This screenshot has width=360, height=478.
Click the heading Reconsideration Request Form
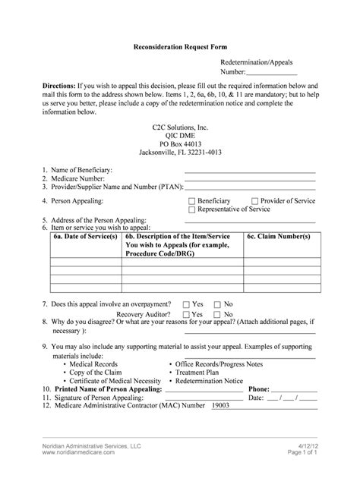coord(179,47)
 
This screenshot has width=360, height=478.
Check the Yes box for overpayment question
coord(186,303)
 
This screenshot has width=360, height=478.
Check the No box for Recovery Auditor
coord(217,313)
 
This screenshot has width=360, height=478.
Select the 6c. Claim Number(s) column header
coord(278,237)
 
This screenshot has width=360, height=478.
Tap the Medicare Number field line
coord(251,180)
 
